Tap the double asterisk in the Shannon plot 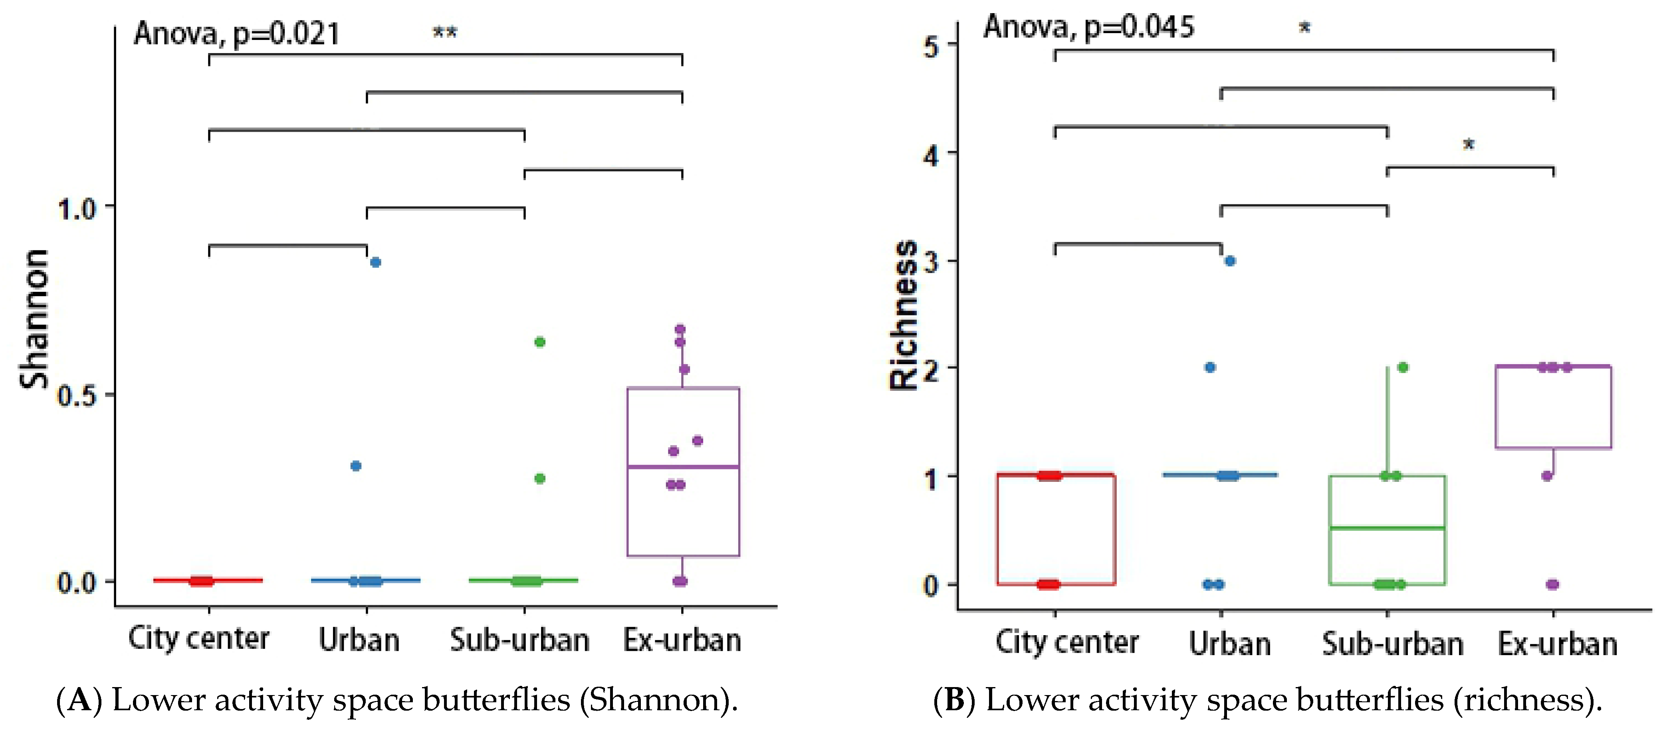(445, 32)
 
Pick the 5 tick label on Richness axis (931, 47)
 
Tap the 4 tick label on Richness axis (931, 156)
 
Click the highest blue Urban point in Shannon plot (376, 262)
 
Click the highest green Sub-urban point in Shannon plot (540, 342)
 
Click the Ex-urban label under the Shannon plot (682, 640)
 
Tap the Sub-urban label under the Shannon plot (520, 640)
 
